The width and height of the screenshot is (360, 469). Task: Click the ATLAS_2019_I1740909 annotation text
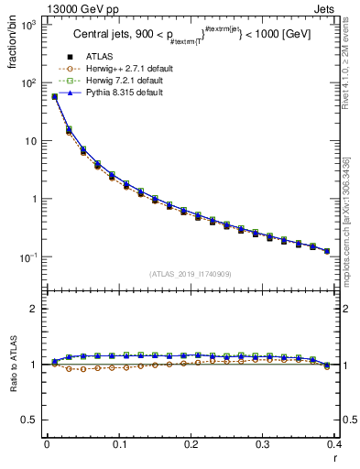tap(191, 274)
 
